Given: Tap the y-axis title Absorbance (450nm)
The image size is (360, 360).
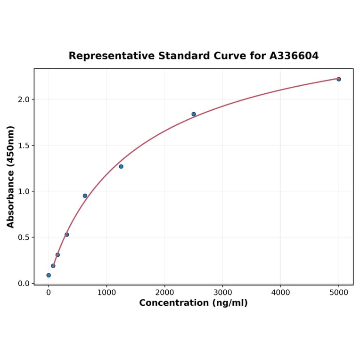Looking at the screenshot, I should (x=10, y=177).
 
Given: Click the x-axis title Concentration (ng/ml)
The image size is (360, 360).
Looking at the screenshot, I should (x=193, y=303).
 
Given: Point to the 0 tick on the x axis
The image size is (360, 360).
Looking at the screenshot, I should (x=49, y=293).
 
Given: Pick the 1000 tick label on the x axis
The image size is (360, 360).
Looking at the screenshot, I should (x=106, y=293).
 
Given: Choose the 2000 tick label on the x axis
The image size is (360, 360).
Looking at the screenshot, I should (x=164, y=293).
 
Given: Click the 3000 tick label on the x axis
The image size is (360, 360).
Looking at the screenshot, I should (x=222, y=293).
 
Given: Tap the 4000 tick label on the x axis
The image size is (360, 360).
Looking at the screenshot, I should (x=281, y=293).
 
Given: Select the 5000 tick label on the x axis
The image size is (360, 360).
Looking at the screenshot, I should (x=339, y=293).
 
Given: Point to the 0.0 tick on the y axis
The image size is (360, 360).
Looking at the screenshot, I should (x=24, y=283).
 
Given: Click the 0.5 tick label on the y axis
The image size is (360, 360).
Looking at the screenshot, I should (x=24, y=237).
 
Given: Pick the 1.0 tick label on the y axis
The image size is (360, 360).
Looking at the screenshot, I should (x=24, y=191).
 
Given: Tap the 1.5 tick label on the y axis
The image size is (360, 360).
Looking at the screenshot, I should (x=24, y=146).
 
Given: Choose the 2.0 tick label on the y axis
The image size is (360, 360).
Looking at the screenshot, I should (x=24, y=99).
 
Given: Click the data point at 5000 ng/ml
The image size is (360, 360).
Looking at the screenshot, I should (x=339, y=79).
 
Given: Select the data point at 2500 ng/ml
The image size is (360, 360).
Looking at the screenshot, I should (x=194, y=114).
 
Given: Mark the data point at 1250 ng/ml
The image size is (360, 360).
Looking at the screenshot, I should (x=121, y=166).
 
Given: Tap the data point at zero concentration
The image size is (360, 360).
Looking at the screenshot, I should (x=49, y=275).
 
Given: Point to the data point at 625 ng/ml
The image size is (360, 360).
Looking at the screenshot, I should (x=85, y=196).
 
